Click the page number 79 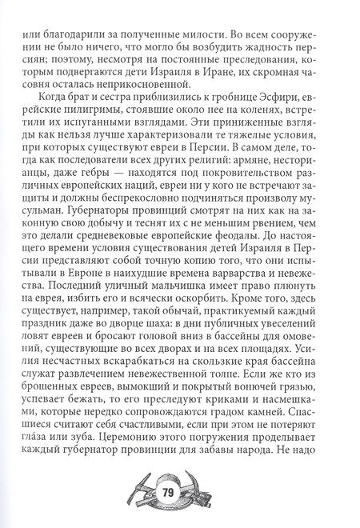click(179, 491)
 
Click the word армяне click(253, 174)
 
